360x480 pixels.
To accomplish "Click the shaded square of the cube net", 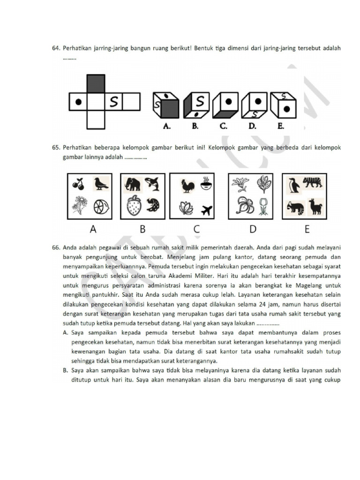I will click(96, 83).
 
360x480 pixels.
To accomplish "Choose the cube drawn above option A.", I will click(165, 105).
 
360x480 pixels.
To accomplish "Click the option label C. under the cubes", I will click(223, 126).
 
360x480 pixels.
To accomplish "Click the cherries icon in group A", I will click(78, 184).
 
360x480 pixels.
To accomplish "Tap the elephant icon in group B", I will click(133, 184).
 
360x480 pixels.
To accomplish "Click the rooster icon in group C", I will click(188, 186).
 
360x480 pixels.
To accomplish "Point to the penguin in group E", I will click(294, 185).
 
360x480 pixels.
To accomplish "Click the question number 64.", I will click(56, 48).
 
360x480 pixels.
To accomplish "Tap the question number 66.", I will click(56, 247).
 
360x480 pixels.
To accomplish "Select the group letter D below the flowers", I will click(253, 230).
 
